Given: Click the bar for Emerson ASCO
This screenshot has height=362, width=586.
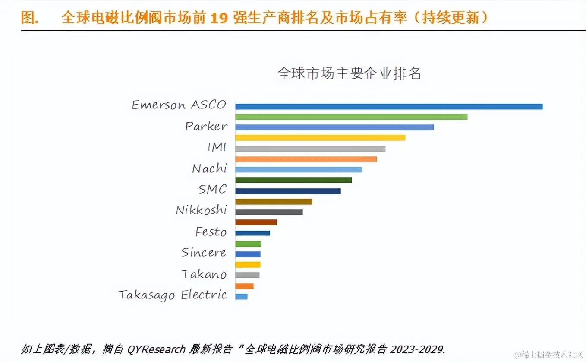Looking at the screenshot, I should coord(388,106).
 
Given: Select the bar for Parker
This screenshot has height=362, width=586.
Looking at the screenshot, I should coord(334,127).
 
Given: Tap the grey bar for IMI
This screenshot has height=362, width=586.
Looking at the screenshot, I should coord(310,149).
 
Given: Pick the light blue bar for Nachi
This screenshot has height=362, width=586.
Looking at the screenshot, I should coord(299,170).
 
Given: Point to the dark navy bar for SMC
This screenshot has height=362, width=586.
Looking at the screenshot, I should coord(288,191).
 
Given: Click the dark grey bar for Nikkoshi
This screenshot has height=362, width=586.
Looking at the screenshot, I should coord(269,212).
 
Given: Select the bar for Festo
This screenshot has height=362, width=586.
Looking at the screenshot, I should coord(252,233).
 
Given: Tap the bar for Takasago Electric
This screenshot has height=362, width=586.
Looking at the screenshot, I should coord(241,297).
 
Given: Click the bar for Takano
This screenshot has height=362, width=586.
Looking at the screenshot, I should coord(247,275).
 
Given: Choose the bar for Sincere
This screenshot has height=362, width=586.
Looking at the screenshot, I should coord(248,254).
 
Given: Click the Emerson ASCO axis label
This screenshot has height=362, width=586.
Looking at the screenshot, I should coord(179,105).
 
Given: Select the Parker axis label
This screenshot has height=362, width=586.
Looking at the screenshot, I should coord(206,126).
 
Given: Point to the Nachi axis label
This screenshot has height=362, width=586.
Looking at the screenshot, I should coord(209,168).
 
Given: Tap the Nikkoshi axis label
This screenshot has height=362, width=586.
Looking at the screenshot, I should coord(201,210).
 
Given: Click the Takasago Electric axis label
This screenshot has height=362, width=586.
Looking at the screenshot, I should coord(173,295).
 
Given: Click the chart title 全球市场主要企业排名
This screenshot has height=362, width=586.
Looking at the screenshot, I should coord(350,73).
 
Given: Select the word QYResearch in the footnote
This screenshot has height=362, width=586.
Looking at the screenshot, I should coord(156,349).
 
